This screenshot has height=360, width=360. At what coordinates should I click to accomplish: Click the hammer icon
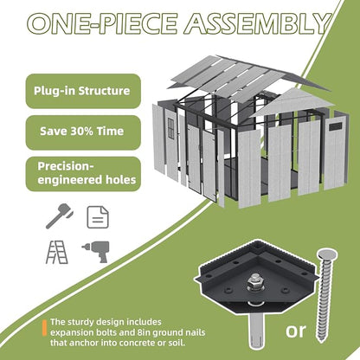click(59, 215)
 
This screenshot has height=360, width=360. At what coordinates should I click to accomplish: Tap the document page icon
click(98, 217)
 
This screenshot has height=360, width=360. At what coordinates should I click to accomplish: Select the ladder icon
click(57, 252)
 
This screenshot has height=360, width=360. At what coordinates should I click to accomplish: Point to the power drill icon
click(96, 251)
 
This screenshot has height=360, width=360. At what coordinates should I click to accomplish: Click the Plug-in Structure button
click(83, 91)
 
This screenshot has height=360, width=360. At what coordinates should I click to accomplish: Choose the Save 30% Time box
click(83, 132)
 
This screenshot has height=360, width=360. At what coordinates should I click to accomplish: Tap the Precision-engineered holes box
click(83, 174)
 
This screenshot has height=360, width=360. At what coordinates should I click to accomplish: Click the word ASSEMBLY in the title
click(258, 23)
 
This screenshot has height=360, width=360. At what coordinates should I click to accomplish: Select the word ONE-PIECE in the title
click(103, 23)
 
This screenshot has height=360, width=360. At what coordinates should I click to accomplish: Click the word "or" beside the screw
click(296, 331)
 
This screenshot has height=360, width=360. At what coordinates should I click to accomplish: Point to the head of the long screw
click(327, 254)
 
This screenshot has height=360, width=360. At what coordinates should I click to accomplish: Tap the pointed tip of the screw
click(320, 340)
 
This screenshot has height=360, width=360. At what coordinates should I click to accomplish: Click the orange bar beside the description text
click(44, 328)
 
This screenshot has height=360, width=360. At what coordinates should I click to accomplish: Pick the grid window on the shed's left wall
click(171, 128)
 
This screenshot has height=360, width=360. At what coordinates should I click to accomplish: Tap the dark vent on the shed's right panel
click(335, 126)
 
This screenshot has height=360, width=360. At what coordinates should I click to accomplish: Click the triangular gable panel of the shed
click(292, 102)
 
